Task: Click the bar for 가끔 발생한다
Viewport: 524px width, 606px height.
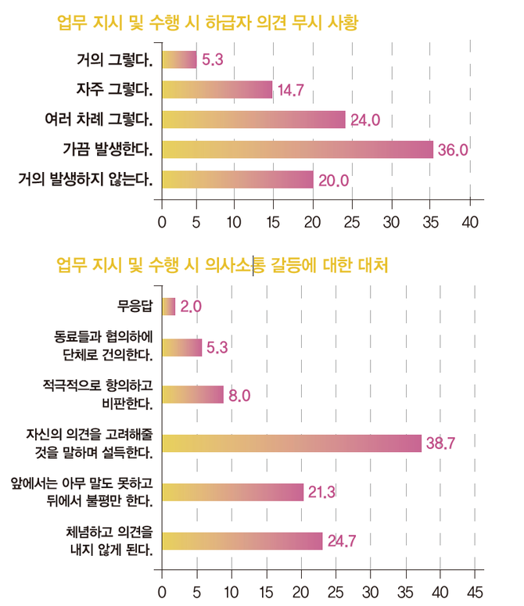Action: pos(297,149)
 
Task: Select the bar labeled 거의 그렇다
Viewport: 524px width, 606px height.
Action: pos(178,59)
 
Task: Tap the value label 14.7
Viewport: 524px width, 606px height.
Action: pos(290,91)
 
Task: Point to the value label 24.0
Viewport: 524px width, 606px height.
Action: pos(364,120)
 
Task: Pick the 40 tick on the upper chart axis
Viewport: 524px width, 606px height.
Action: pos(470,221)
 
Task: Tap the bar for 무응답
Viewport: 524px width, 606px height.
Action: pos(168,307)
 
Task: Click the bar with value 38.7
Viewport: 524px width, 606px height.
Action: pos(291,443)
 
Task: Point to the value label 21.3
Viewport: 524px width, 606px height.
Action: pos(321,492)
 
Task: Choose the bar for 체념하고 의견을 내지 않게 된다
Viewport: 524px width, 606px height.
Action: pos(242,541)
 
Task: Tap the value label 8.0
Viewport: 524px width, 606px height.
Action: pos(239,396)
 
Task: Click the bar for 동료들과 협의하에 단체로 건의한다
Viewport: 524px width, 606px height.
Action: pos(181,347)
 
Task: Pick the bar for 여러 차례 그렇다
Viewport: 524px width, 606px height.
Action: pos(253,120)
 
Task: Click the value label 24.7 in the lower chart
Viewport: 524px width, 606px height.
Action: pos(341,541)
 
